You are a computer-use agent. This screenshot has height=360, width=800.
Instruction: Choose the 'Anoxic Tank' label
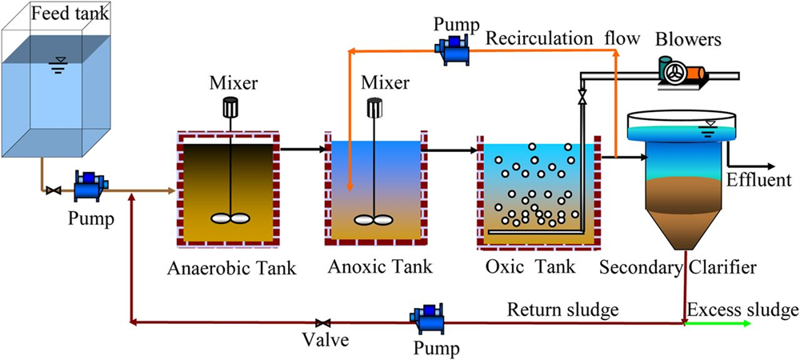(x=380, y=267)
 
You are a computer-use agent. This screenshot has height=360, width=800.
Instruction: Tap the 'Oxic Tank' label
(x=530, y=267)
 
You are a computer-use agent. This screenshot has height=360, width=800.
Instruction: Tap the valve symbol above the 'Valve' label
(x=323, y=323)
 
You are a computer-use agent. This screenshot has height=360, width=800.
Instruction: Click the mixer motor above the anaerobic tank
(x=230, y=107)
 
